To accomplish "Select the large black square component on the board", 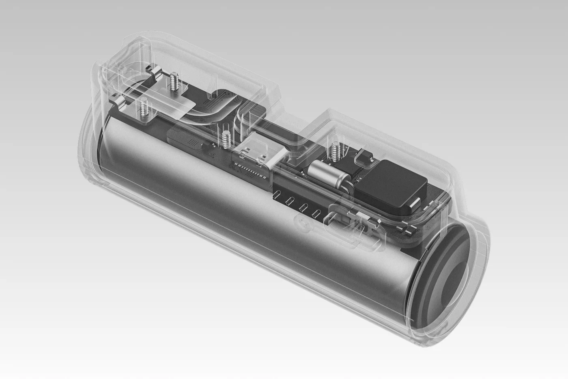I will click(391, 186).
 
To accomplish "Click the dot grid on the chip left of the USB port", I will click(194, 143).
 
